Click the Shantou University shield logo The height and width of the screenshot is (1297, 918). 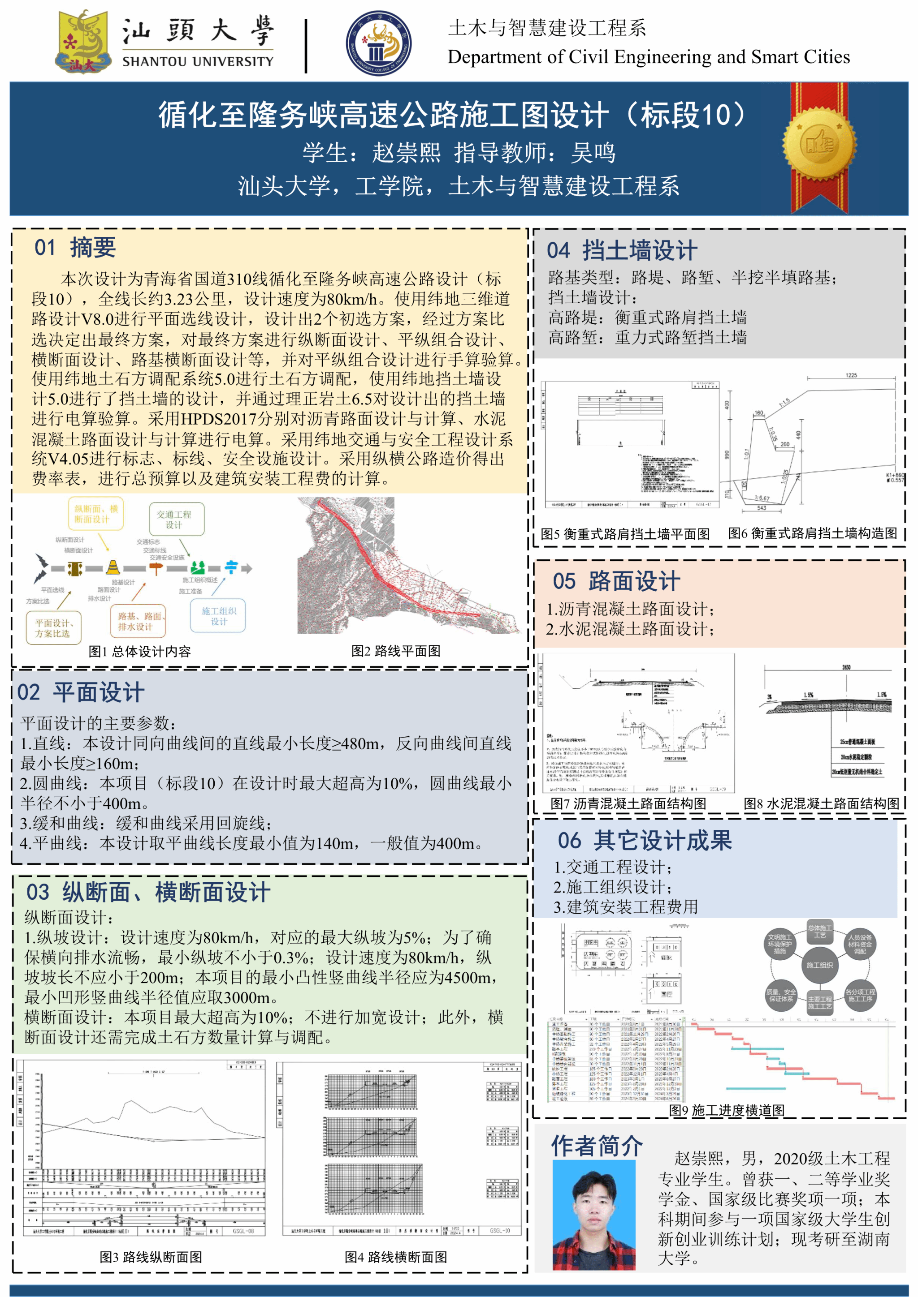coord(82,41)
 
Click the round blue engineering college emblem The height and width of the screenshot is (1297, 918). coord(378,43)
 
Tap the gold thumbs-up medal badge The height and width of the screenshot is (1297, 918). coord(819,145)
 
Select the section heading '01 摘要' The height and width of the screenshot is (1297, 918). coord(75,247)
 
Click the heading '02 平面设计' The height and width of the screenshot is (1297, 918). coord(81,692)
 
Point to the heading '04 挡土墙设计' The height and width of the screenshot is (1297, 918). coord(622,250)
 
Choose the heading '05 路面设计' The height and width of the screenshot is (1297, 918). coord(616,581)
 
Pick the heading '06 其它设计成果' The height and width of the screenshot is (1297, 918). coord(645,840)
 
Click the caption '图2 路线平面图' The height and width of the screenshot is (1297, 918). coord(396,651)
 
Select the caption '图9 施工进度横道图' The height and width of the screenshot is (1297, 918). coord(726,1110)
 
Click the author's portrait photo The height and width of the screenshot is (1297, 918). coord(593,1215)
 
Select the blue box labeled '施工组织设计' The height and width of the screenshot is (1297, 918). coord(219,616)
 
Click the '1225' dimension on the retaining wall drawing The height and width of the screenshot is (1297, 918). coord(851,375)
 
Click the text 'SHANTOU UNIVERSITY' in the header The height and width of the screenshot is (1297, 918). coord(198,61)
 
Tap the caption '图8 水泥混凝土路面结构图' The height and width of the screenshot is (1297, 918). coord(821,803)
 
